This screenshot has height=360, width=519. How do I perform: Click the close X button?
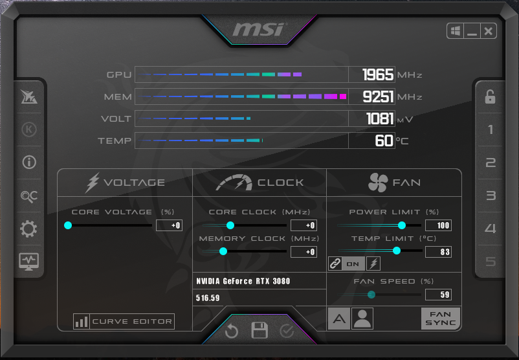point(488,31)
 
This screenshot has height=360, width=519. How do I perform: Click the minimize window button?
point(472,31)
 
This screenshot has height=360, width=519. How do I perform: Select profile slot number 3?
point(491,196)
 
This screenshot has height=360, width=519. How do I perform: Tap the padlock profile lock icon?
point(491,96)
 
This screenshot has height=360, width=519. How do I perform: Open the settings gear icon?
point(28,229)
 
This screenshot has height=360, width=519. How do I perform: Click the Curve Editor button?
point(124,321)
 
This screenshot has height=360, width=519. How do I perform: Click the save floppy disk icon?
point(259,330)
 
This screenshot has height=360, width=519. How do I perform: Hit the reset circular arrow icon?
point(232,330)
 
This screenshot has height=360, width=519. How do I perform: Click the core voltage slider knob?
point(68,225)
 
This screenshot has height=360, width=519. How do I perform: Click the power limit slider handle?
point(402,225)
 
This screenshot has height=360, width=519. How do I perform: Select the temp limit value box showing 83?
point(438,252)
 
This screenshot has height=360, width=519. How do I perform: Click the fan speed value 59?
point(438,295)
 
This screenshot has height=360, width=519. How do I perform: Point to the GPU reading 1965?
point(378,75)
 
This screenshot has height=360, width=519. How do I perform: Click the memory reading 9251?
point(378,96)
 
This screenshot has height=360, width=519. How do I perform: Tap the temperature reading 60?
point(384,141)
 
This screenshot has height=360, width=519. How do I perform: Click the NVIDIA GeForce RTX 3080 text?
point(243,281)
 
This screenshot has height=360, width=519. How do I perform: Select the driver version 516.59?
point(208,298)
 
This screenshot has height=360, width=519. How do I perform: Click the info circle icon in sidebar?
point(29,163)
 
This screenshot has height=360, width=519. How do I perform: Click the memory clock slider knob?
point(223,251)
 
